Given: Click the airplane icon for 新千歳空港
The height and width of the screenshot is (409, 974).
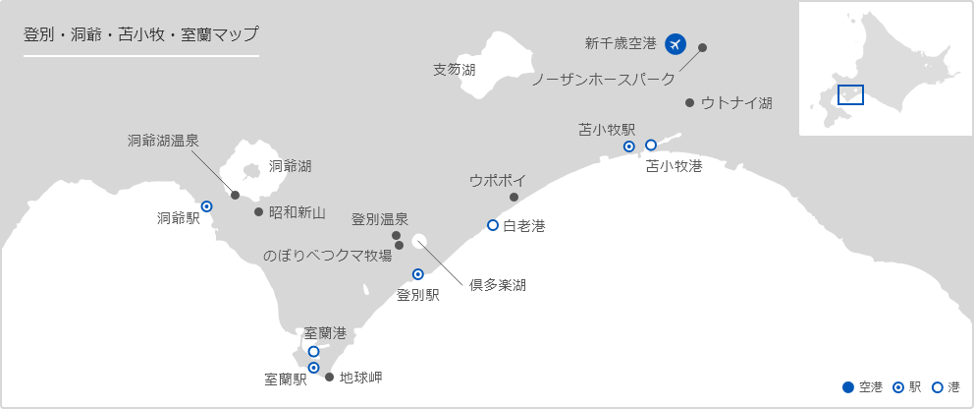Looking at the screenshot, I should (675, 43).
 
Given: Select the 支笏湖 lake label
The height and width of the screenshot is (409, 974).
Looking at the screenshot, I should (455, 70).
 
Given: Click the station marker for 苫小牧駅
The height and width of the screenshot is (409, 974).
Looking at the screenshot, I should (630, 146).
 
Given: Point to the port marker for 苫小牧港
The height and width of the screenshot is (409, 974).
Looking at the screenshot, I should (651, 146).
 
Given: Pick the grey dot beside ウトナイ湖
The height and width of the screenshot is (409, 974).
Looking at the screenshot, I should (690, 102).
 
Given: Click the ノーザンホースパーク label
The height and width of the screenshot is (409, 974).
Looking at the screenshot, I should (603, 80).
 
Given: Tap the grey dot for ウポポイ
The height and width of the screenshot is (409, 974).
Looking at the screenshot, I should (514, 198).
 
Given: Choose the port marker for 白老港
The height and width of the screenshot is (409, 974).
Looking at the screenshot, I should (493, 225).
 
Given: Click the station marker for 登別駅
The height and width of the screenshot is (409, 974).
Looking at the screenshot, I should (417, 274).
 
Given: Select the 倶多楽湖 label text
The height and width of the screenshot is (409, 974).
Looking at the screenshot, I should (497, 285).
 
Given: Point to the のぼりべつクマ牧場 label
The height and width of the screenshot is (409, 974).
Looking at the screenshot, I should (328, 255).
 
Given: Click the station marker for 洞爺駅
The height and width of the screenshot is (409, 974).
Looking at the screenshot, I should (207, 206).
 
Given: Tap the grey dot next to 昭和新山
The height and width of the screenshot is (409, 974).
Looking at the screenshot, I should (258, 211).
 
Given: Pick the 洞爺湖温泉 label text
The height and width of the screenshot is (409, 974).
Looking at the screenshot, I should (163, 141).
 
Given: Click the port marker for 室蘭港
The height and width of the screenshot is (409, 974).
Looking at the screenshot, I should (313, 351).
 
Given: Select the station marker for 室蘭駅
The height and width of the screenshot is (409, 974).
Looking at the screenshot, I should (314, 368).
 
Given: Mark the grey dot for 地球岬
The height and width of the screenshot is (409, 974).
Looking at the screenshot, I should (329, 377).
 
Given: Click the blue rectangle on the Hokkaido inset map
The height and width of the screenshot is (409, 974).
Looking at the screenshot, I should (849, 94).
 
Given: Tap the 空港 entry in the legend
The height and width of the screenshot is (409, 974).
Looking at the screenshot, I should (863, 387).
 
